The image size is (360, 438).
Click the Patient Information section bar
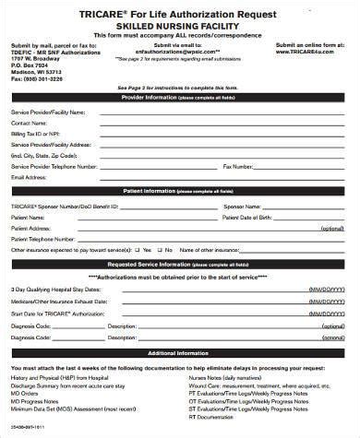click(180, 192)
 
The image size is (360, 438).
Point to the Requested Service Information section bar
click(180, 262)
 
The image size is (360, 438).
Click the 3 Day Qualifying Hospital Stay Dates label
click(53, 290)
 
